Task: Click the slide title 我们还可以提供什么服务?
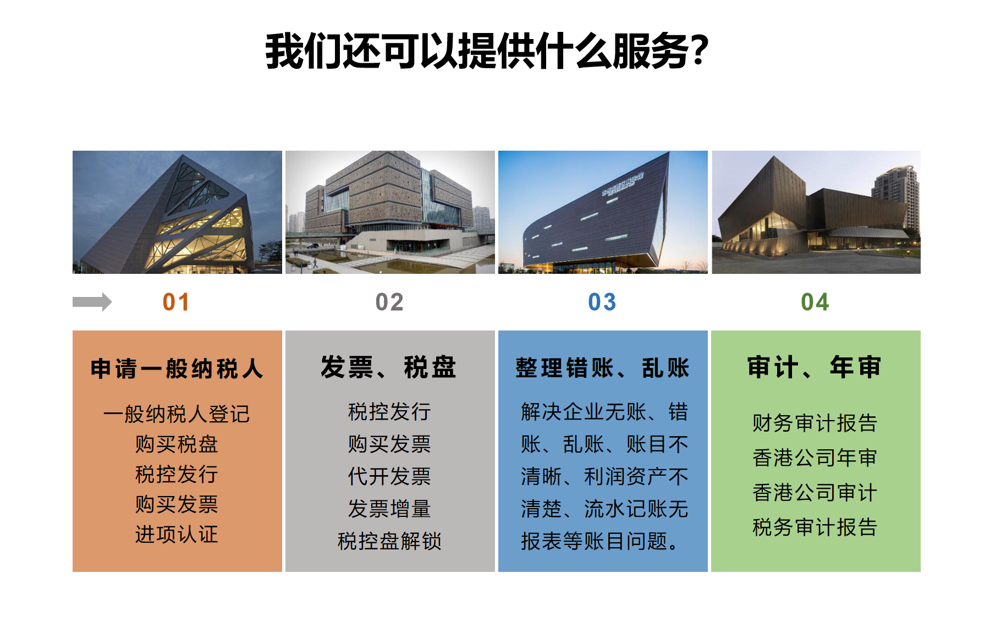tap(487, 51)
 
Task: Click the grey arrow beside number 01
tap(92, 302)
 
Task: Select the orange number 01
tap(176, 302)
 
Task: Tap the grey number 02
tap(389, 302)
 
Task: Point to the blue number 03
tap(602, 302)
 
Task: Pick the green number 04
tap(815, 302)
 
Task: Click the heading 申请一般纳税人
tap(177, 368)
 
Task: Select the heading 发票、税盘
tap(389, 367)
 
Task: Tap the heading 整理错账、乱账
tap(602, 368)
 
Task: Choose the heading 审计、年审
tap(815, 367)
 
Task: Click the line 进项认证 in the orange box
tap(177, 534)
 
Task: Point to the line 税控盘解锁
tap(389, 541)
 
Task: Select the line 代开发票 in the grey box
tap(389, 476)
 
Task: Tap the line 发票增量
tap(389, 509)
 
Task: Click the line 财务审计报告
tap(815, 423)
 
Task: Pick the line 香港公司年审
tap(815, 458)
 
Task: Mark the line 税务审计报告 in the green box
tap(815, 527)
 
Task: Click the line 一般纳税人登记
tap(177, 414)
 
